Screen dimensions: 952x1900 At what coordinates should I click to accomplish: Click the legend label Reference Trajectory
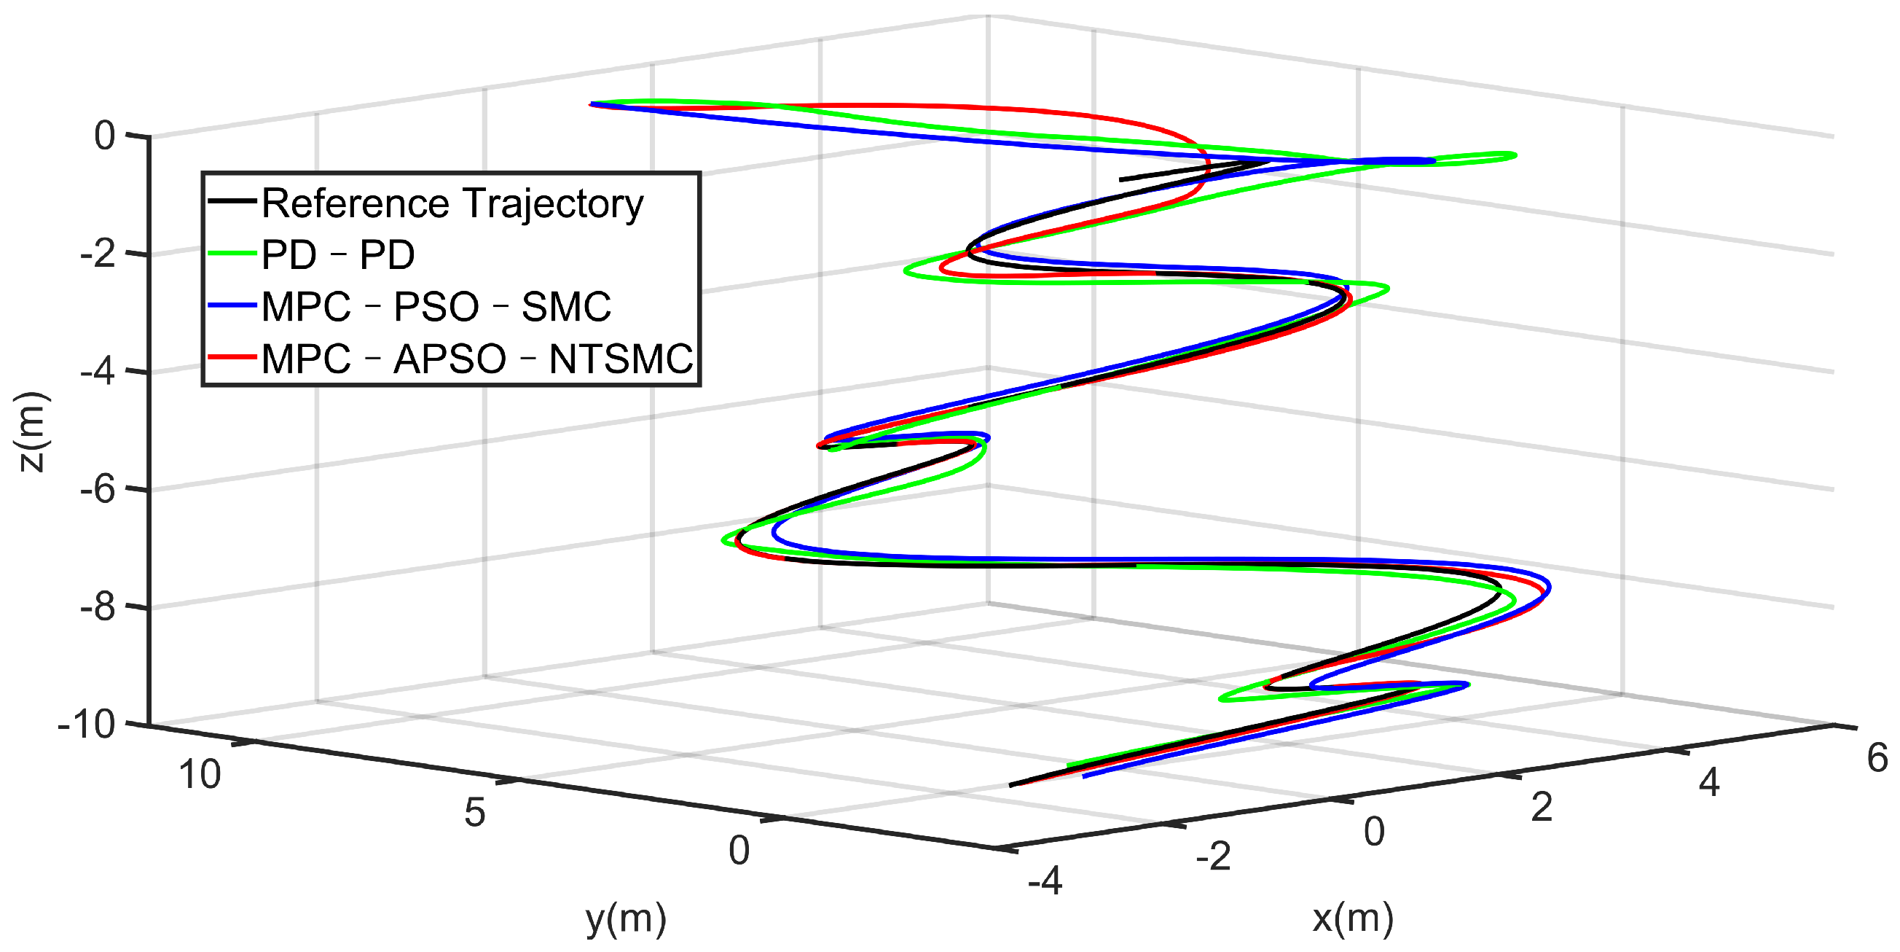pyautogui.click(x=452, y=203)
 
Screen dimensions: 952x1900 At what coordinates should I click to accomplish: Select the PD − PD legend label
pyautogui.click(x=338, y=255)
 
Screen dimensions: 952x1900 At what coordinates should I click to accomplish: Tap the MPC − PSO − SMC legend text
pyautogui.click(x=436, y=307)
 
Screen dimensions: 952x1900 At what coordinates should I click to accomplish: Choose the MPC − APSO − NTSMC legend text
pyautogui.click(x=476, y=359)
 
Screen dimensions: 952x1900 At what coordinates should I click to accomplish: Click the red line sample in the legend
pyautogui.click(x=232, y=357)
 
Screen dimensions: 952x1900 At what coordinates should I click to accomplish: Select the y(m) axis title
pyautogui.click(x=626, y=919)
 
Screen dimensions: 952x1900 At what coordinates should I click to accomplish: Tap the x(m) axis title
pyautogui.click(x=1353, y=918)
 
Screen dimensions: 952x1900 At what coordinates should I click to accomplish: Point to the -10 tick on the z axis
pyautogui.click(x=86, y=725)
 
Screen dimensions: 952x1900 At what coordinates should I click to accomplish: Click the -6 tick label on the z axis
pyautogui.click(x=98, y=489)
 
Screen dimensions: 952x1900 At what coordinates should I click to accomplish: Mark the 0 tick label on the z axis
pyautogui.click(x=105, y=136)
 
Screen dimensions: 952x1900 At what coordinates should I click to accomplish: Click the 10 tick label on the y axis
pyautogui.click(x=199, y=775)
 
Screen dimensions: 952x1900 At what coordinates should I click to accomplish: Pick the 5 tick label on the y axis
pyautogui.click(x=474, y=813)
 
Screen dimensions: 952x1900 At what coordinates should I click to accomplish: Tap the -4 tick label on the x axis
pyautogui.click(x=1045, y=881)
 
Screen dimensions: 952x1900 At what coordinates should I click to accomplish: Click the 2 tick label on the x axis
pyautogui.click(x=1542, y=808)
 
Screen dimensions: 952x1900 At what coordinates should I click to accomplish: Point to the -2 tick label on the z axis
pyautogui.click(x=98, y=254)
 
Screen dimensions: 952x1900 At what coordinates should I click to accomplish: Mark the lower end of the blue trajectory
pyautogui.click(x=1084, y=776)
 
